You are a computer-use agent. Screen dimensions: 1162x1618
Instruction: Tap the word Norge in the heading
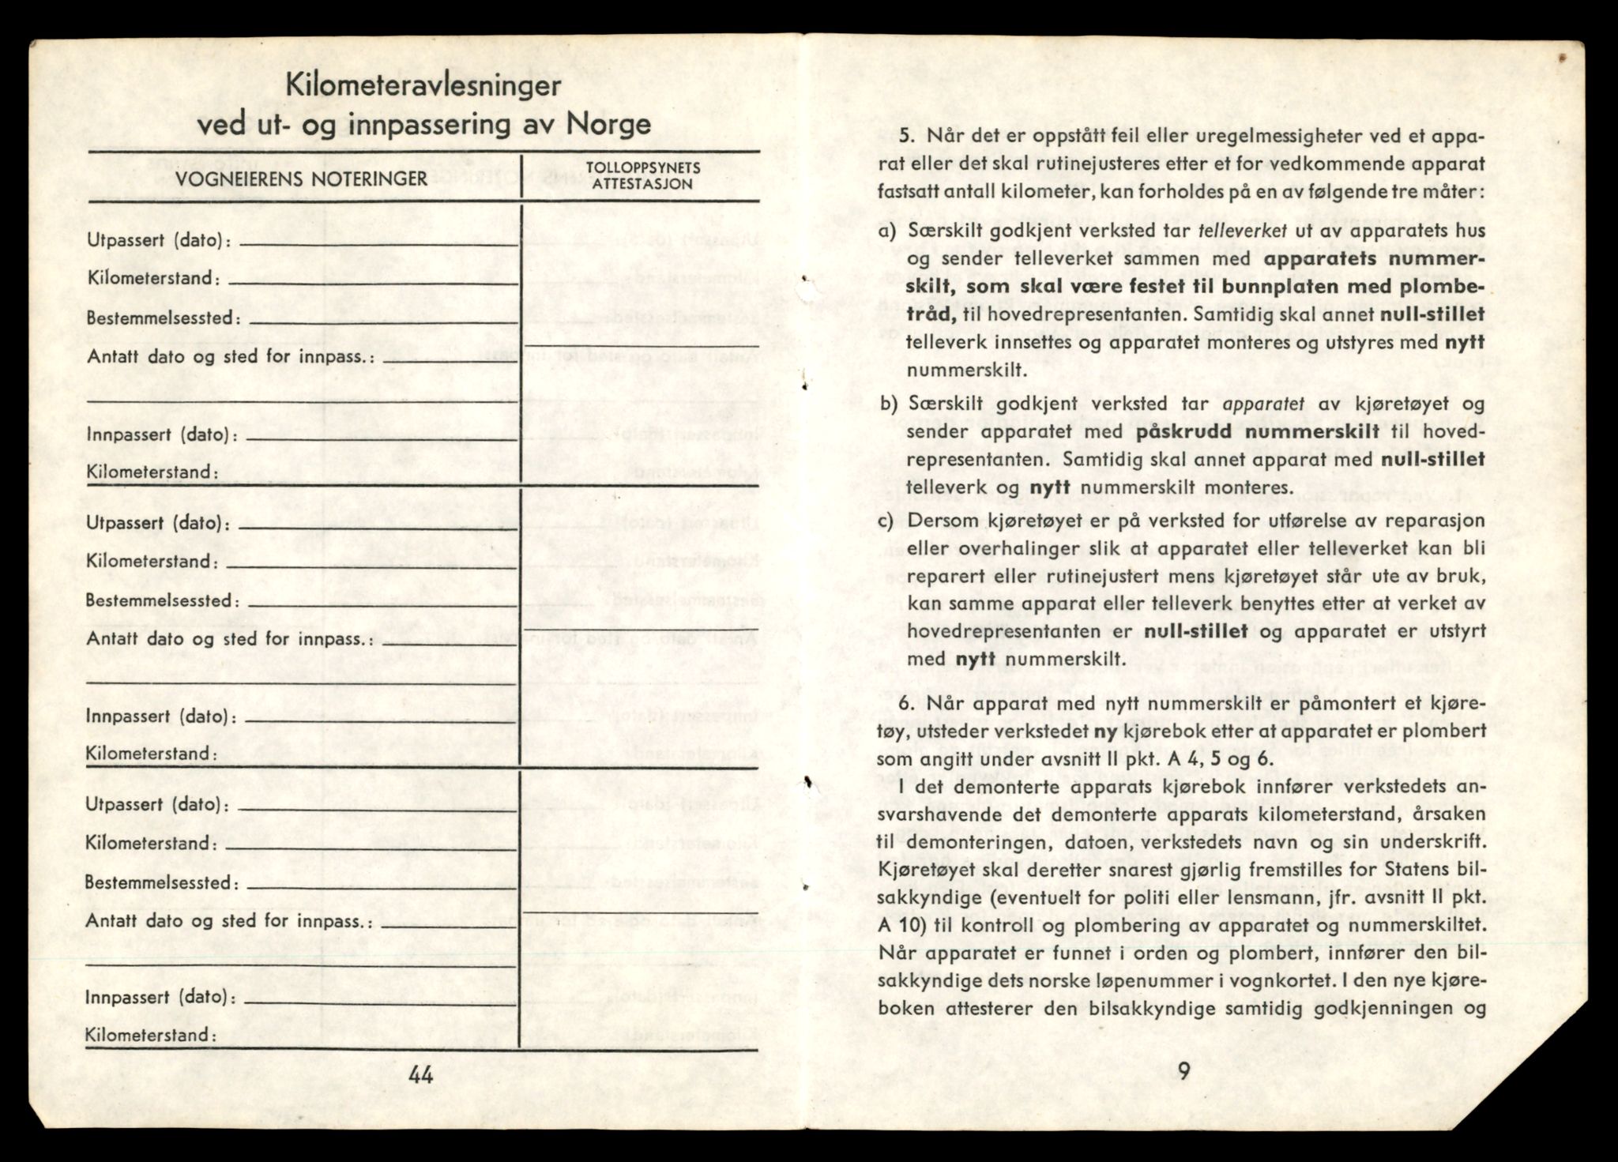pos(608,125)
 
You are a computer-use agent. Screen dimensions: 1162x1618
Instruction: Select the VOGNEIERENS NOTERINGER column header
pos(301,179)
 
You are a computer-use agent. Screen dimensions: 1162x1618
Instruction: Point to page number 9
pos(1183,1071)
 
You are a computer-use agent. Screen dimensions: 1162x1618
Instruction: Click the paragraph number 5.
pos(907,136)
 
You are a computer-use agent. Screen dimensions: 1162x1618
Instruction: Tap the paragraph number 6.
pos(907,703)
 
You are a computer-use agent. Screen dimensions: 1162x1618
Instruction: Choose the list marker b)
pos(889,404)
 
